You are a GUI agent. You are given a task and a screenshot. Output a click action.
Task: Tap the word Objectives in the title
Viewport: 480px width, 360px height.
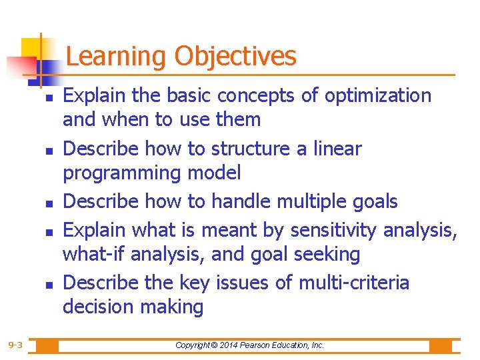[235, 56]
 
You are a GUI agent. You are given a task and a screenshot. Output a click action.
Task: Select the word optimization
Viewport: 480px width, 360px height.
[378, 96]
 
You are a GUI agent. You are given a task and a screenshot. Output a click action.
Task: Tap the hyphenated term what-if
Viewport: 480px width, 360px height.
[90, 255]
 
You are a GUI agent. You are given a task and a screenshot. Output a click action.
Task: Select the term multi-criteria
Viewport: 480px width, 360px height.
[353, 283]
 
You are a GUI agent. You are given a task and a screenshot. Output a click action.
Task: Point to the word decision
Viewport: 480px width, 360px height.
[97, 307]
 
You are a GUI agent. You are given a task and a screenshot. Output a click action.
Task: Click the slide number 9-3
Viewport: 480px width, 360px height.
[15, 345]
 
